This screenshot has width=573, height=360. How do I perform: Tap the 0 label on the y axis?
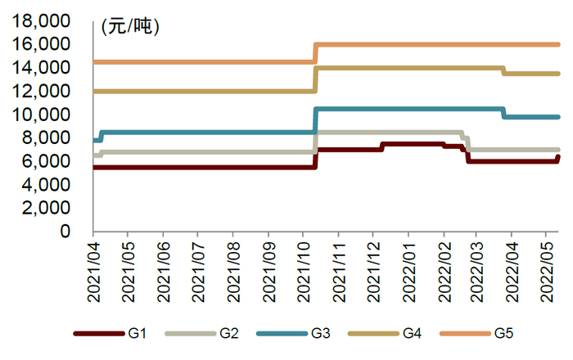pos(78,232)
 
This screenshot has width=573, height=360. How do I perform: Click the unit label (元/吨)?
pos(130,26)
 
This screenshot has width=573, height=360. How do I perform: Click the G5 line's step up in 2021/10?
pos(315,52)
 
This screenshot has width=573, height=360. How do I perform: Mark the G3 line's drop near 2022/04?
pos(503,113)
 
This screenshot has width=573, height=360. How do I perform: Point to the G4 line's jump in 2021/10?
pos(315,79)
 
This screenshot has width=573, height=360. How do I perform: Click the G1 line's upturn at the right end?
pos(558,158)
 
